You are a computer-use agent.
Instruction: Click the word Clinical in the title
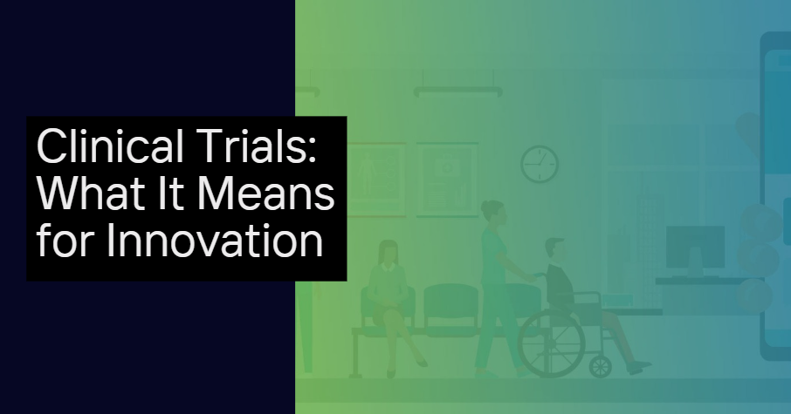tap(110, 146)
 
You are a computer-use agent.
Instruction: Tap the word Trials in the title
tap(257, 146)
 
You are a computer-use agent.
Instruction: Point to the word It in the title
tap(170, 193)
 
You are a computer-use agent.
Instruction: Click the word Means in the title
tap(265, 193)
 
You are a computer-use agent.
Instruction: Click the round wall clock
tap(540, 164)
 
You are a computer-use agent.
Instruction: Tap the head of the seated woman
tap(388, 252)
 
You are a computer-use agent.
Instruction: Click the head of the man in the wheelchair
tap(554, 250)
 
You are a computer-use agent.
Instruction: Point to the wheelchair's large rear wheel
tap(552, 343)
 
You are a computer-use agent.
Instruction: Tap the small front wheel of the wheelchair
tap(601, 366)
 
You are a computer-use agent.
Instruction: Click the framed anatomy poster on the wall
tap(376, 180)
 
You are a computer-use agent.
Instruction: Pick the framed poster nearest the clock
tap(447, 180)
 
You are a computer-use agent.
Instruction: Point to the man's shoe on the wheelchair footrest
tap(639, 367)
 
